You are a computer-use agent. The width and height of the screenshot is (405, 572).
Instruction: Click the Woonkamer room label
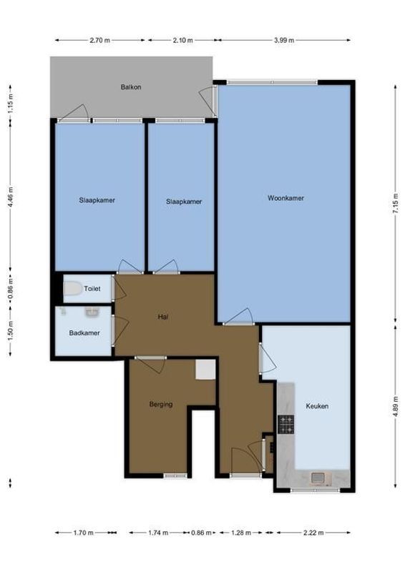[x=281, y=198]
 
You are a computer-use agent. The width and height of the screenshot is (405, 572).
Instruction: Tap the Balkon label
[x=131, y=87]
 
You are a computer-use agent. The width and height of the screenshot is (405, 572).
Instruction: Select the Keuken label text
[x=317, y=405]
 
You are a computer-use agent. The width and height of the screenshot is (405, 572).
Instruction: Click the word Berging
[x=161, y=404]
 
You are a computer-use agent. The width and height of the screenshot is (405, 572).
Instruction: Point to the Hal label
[x=163, y=316]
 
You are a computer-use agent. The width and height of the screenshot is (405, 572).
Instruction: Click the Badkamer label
[x=84, y=333]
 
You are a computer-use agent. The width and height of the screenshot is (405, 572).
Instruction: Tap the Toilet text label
[x=92, y=289]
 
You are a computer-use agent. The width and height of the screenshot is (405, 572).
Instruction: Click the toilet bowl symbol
[x=72, y=289]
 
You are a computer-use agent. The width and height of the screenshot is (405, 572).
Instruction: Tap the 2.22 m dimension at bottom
[x=313, y=533]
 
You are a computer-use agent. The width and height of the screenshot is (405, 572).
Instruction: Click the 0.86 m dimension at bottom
[x=202, y=533]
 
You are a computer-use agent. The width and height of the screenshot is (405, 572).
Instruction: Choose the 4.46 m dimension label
[x=10, y=195]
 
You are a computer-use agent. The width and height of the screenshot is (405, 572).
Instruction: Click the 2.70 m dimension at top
[x=99, y=41]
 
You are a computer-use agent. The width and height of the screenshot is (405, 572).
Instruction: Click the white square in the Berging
[x=206, y=369]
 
